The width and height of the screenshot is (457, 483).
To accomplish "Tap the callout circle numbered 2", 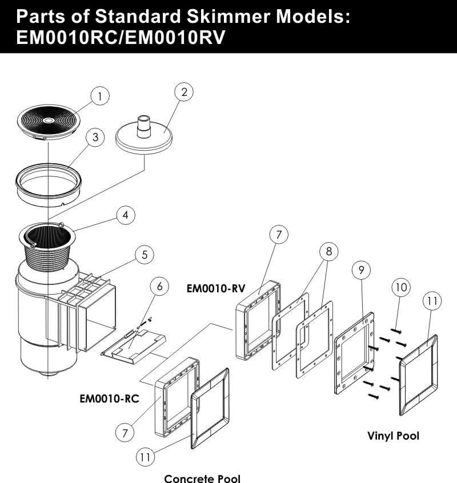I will [184, 92].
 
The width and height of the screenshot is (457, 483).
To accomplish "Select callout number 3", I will [95, 137].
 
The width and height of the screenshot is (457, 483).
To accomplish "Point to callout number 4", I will [125, 215].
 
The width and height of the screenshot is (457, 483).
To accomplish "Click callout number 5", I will [144, 255].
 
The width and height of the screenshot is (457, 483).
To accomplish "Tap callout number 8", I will [328, 251].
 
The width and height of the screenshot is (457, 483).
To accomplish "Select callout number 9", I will [362, 270].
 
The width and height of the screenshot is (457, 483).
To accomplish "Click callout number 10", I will [401, 287].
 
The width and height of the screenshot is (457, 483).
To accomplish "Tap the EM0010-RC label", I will [109, 398].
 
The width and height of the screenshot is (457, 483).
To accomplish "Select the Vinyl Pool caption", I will [393, 436].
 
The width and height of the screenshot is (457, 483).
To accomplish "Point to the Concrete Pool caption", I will [202, 478].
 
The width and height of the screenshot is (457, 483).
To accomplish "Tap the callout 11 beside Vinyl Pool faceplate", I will [431, 301].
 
